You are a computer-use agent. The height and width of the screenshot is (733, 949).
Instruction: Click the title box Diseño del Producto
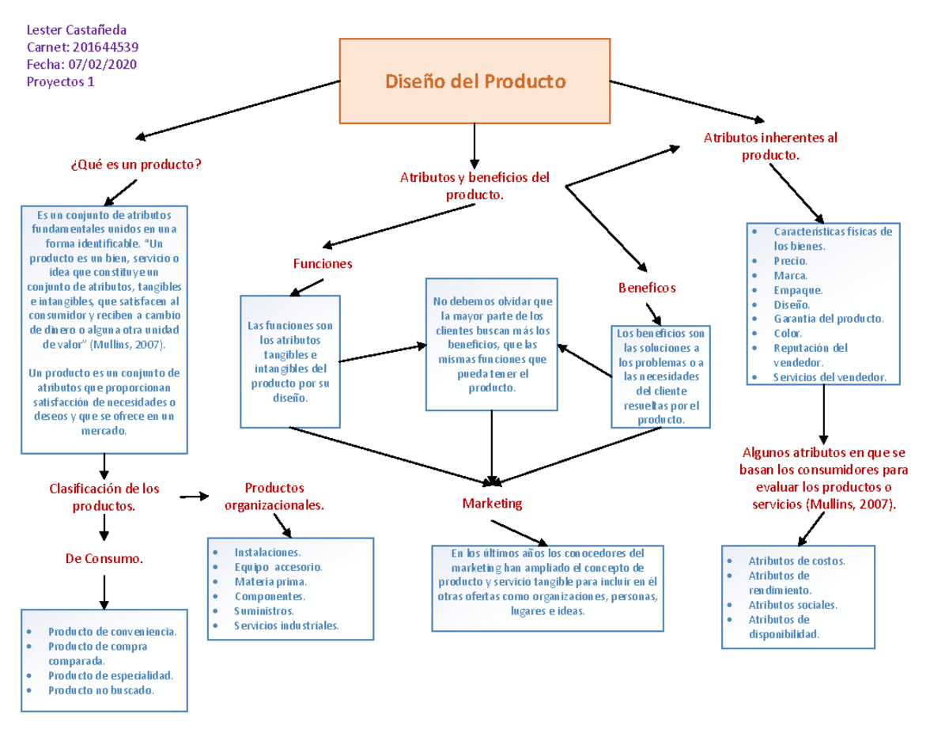(475, 81)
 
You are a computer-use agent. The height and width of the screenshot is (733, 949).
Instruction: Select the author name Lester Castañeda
(76, 30)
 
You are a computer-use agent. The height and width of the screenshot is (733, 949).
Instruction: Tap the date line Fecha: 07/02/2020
(81, 65)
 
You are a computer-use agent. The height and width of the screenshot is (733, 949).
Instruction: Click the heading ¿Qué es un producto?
(135, 164)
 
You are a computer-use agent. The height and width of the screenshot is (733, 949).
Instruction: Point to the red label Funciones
(323, 263)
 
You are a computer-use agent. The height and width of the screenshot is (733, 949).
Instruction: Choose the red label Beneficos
(646, 288)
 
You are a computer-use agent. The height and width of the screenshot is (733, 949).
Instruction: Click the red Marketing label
(492, 503)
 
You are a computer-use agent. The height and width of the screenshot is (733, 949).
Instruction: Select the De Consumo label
(104, 559)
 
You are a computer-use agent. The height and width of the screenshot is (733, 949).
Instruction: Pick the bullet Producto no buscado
(101, 690)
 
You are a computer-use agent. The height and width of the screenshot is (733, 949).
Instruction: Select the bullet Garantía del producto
(828, 319)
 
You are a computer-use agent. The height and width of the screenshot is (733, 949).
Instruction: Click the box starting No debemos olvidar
(492, 344)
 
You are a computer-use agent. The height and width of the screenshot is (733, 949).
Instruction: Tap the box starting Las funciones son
(290, 361)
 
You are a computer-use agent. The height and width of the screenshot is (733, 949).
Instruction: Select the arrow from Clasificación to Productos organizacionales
(195, 497)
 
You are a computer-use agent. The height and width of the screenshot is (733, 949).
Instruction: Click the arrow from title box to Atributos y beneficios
(474, 143)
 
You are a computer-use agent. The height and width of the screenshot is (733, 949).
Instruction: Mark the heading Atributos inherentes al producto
(770, 146)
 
